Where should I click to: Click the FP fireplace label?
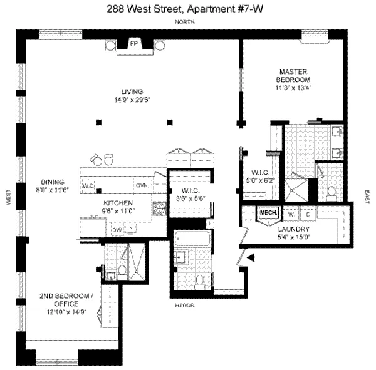(134, 44)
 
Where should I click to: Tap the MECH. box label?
(268, 213)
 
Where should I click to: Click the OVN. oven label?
(141, 185)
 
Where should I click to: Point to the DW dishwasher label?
(116, 230)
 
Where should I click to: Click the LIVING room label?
(133, 91)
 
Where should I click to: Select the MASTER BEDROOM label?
(294, 76)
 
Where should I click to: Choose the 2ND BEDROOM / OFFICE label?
(66, 299)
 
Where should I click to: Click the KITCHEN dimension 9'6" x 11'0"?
(118, 212)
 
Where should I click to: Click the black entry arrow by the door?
(251, 257)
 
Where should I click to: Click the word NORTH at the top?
(186, 22)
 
